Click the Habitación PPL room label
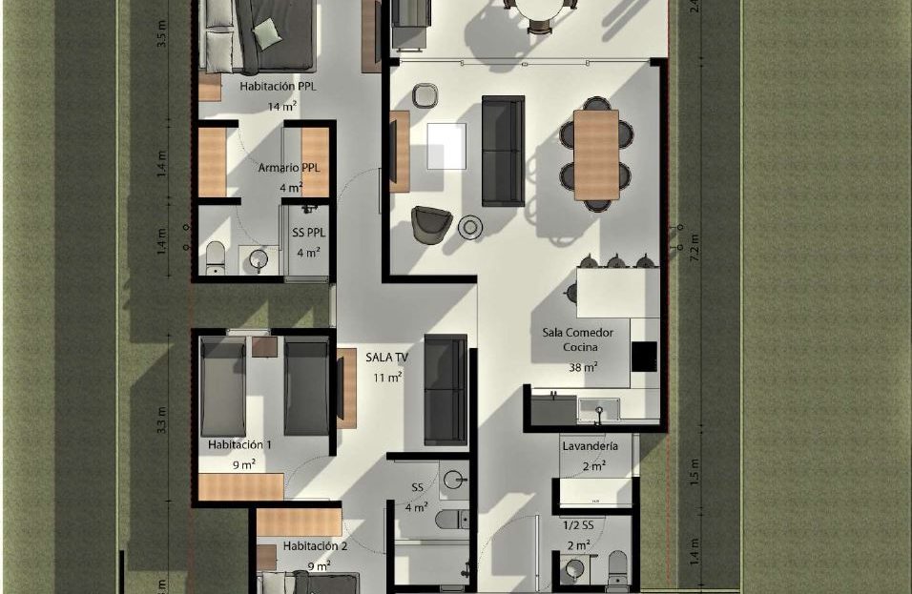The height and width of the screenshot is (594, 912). point(279,86)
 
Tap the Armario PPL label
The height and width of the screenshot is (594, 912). point(289,168)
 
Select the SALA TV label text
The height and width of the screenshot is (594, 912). point(387,357)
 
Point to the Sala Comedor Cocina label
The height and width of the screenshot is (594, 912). point(585,339)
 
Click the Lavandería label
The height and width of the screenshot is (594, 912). point(590,446)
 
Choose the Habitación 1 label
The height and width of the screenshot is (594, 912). point(239,445)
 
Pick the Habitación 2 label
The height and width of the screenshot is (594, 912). point(315,546)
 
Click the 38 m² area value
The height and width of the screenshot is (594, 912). point(584,367)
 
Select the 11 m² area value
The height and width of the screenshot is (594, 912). point(386,378)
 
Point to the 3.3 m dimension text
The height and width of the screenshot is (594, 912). point(161,420)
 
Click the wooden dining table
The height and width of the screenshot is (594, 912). point(596,154)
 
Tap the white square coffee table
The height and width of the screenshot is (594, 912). point(446,146)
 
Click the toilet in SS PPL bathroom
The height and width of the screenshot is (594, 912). point(216,256)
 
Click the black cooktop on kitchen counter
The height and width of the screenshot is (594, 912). point(644,356)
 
